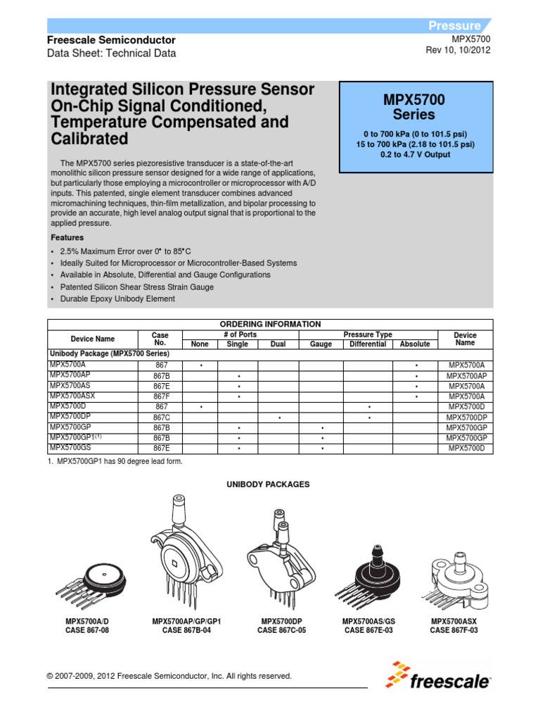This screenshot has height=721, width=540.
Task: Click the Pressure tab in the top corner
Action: [455, 26]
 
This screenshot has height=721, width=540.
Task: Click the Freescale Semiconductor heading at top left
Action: [111, 40]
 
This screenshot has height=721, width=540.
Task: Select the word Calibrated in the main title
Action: [89, 138]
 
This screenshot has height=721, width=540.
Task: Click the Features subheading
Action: [67, 238]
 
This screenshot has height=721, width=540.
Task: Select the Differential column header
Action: [368, 344]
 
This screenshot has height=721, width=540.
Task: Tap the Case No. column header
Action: [161, 339]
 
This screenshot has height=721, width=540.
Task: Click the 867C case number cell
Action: [162, 417]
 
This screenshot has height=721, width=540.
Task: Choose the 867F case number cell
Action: [162, 396]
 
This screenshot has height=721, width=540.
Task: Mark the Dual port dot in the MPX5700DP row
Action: [279, 417]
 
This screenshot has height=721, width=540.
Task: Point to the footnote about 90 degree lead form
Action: [115, 461]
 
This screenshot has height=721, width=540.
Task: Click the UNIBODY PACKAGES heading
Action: [267, 484]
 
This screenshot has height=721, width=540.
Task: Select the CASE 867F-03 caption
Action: [454, 630]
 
